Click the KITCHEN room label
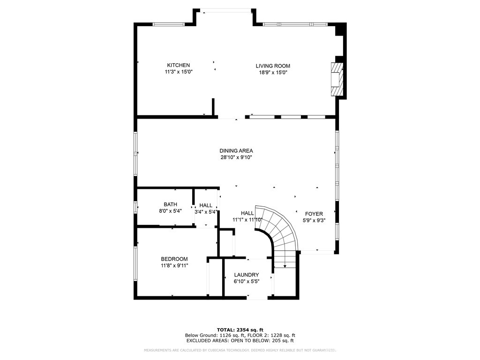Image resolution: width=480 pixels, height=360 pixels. click(179, 65)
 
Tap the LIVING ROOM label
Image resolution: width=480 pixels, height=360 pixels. click(272, 66)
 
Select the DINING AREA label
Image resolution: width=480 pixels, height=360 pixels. click(236, 150)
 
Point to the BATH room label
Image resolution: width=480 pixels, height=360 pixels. click(170, 204)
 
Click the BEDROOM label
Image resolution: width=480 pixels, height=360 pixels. click(174, 259)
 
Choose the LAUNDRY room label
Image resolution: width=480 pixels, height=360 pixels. click(247, 275)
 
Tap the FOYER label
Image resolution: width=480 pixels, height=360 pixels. click(314, 214)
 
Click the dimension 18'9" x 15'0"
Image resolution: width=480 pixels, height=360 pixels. click(272, 73)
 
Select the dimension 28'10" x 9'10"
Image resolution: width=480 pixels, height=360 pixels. click(236, 157)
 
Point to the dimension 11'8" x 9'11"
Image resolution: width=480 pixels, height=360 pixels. click(174, 266)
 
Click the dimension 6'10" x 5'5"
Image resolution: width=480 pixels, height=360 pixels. click(247, 282)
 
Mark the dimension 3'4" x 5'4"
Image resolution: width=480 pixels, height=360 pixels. click(206, 212)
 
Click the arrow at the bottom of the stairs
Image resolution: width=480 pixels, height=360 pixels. click(285, 266)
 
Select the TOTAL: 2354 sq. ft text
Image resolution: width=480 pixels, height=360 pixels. click(240, 330)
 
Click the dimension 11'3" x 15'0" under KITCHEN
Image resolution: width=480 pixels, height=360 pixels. click(179, 72)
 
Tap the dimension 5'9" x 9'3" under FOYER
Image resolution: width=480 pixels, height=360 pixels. click(314, 221)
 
